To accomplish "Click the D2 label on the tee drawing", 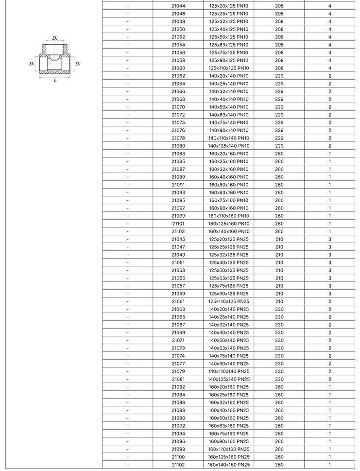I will click(x=55, y=38).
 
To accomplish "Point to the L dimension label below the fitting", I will click(x=55, y=80).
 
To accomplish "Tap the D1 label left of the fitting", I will click(x=32, y=63).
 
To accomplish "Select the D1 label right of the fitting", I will click(x=78, y=63).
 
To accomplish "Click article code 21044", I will click(x=178, y=6).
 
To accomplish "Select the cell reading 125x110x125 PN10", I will click(x=229, y=68).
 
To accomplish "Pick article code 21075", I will click(x=178, y=122).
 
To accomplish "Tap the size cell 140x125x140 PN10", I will click(x=229, y=146).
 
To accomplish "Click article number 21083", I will click(x=178, y=154).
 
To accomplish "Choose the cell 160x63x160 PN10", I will click(x=229, y=192).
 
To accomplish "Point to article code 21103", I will click(x=178, y=231).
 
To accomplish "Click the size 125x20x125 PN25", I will click(x=229, y=239).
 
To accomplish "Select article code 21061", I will click(x=178, y=301).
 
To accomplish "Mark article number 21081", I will click(x=178, y=379).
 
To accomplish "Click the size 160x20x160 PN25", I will click(x=229, y=387).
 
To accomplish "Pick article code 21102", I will click(x=178, y=465).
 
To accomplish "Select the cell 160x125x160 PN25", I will click(x=229, y=457).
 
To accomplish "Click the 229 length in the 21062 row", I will click(x=279, y=76).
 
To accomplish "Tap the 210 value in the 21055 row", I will click(x=279, y=278).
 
